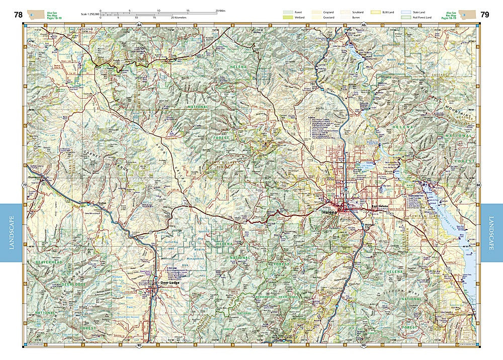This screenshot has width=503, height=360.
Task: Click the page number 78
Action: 18,14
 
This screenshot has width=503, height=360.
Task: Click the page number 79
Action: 484,14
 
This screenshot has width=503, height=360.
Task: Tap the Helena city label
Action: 329,213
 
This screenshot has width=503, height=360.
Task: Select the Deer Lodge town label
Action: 170,283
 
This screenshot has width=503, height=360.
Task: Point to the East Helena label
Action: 381,207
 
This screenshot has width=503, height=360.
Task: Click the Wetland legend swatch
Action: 288,18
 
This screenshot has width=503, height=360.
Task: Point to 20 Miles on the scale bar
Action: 220,11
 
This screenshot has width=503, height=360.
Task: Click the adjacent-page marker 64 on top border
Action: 139,25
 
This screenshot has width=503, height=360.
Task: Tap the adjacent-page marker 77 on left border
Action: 25,185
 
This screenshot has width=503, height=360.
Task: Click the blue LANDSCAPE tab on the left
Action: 11,232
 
